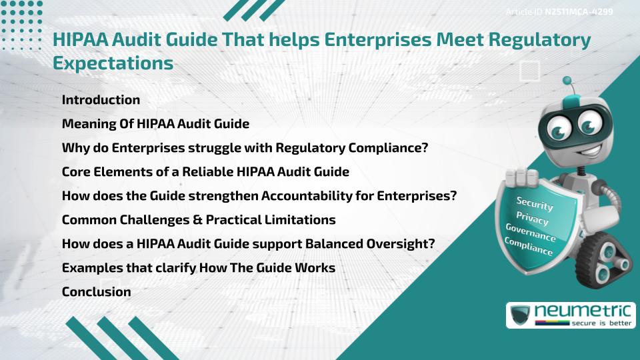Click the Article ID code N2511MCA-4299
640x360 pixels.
click(578, 11)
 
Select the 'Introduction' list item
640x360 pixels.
click(101, 100)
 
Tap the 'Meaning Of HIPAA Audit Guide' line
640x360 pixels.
click(155, 124)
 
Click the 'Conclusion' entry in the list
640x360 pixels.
click(96, 291)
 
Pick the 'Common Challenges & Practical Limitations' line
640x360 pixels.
click(198, 219)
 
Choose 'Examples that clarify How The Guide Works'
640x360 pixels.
click(198, 267)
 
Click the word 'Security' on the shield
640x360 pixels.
click(535, 203)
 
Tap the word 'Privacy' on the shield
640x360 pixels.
click(532, 218)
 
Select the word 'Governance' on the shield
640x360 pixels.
click(530, 233)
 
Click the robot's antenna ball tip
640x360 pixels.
click(568, 81)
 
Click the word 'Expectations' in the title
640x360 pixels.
click(113, 63)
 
